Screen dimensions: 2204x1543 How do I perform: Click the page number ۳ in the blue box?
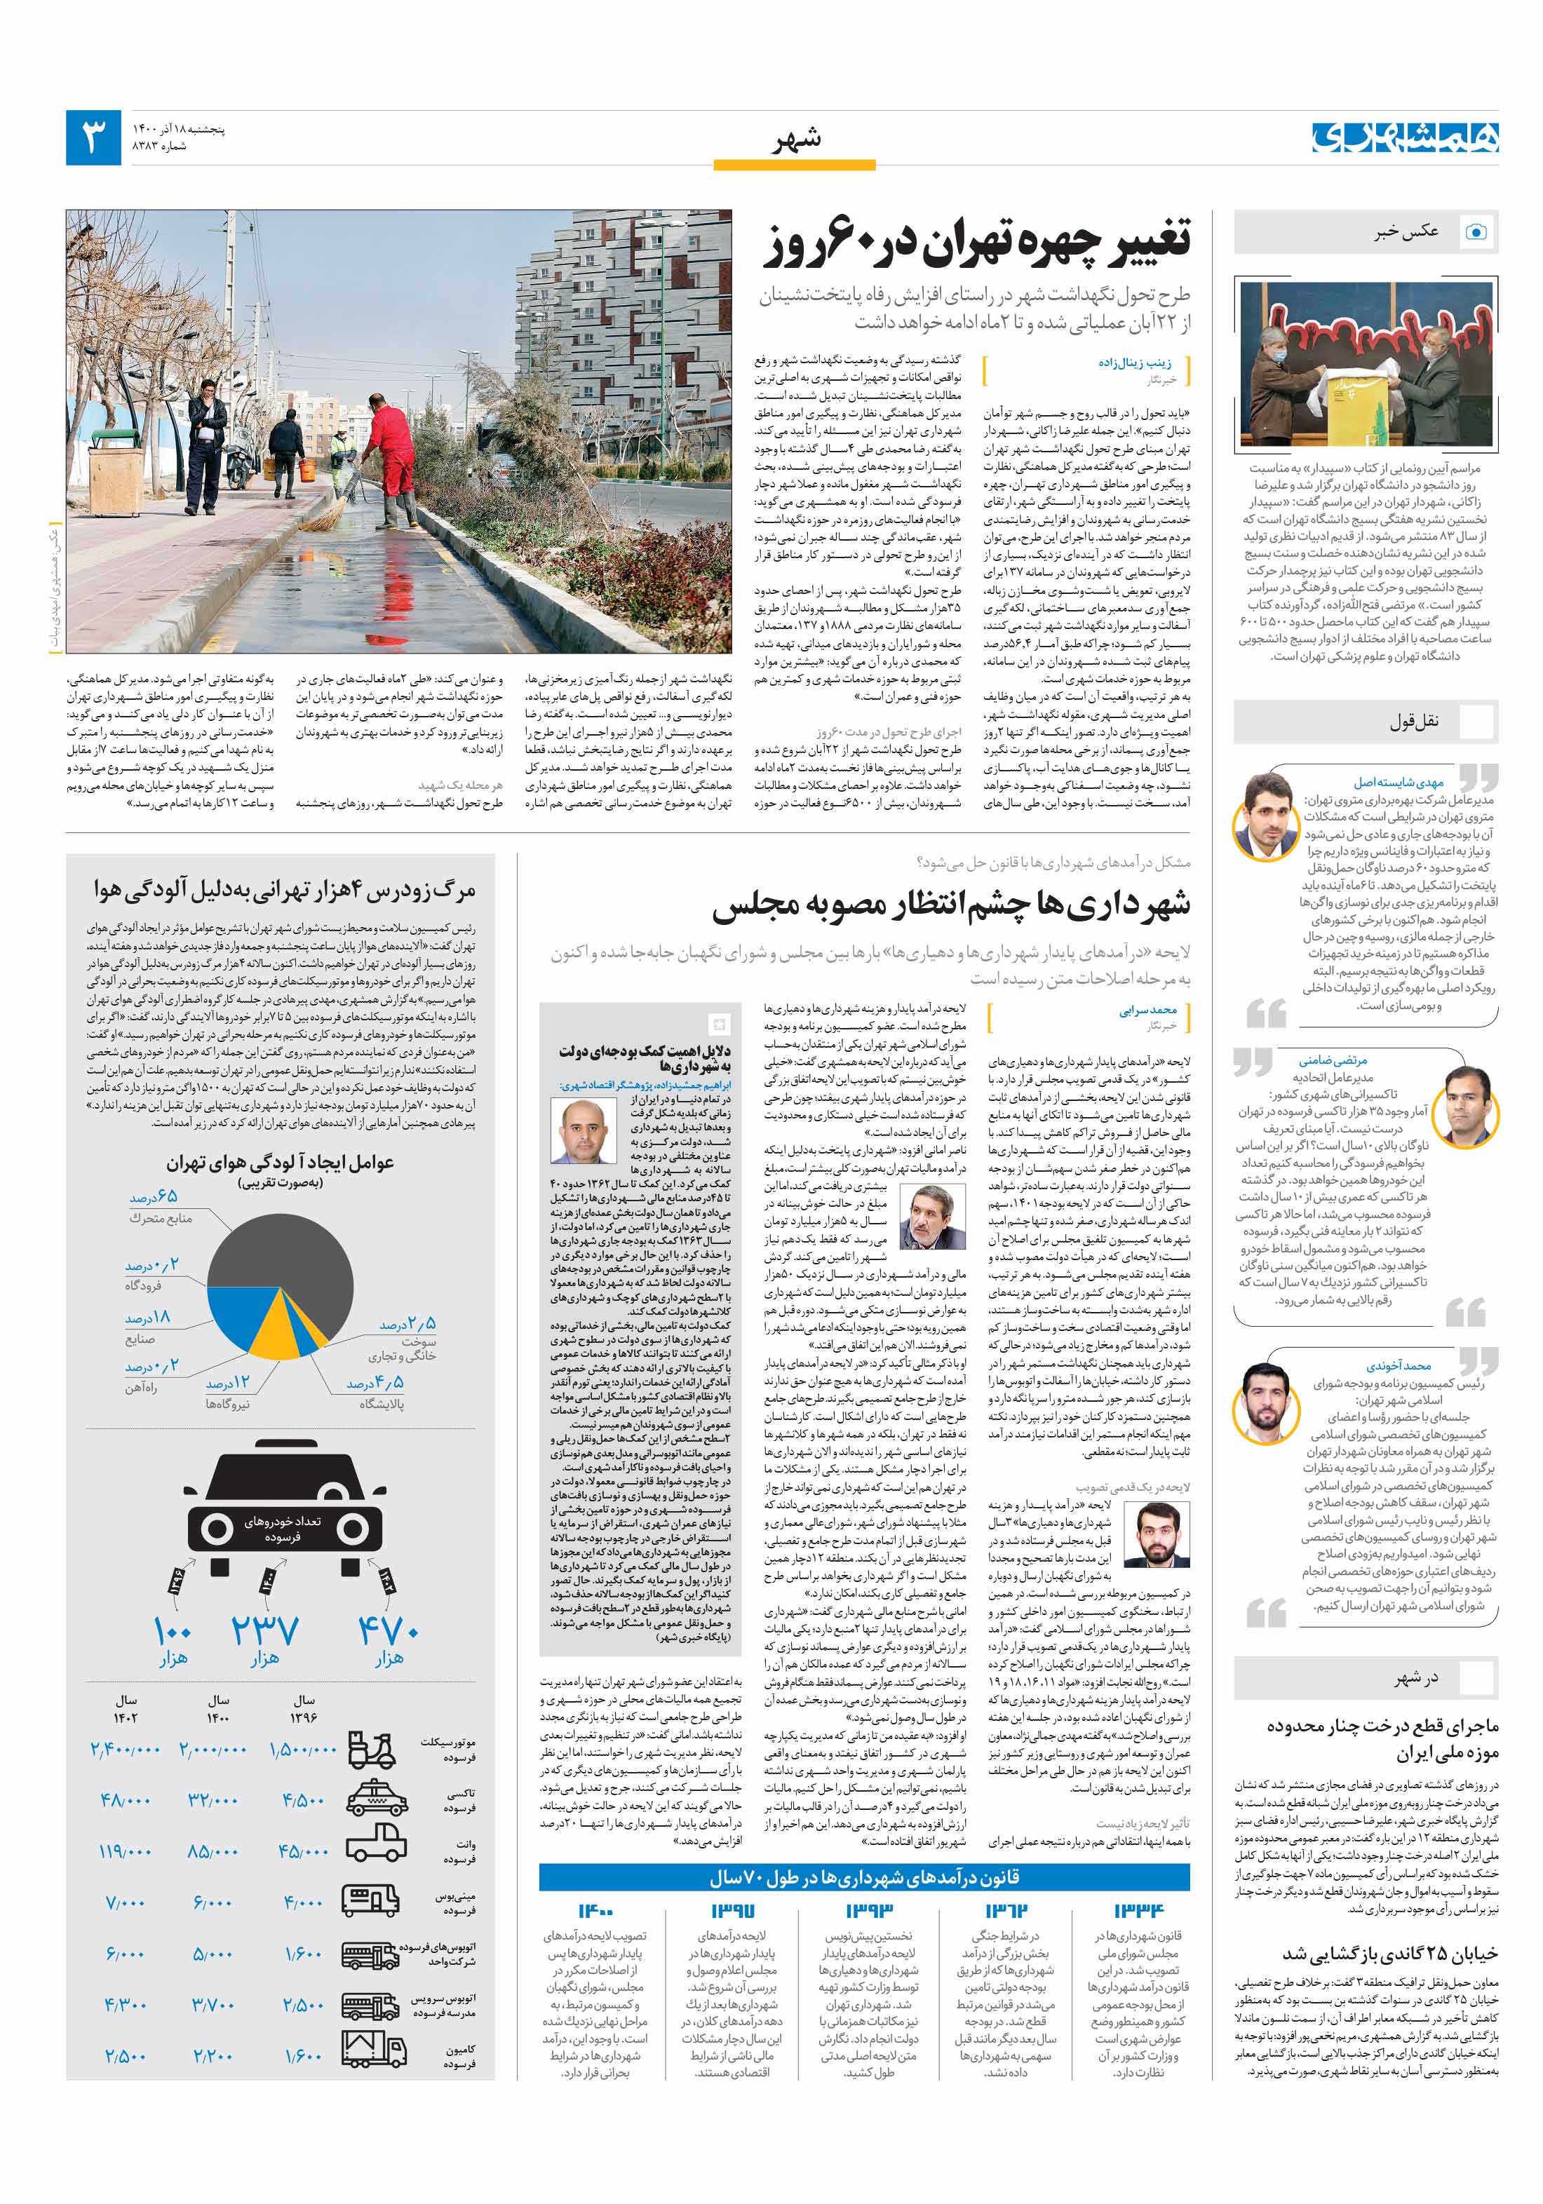(x=93, y=137)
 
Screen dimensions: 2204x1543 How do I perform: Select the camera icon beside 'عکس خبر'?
(x=1476, y=231)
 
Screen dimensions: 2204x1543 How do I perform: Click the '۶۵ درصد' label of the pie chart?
(x=154, y=1197)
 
